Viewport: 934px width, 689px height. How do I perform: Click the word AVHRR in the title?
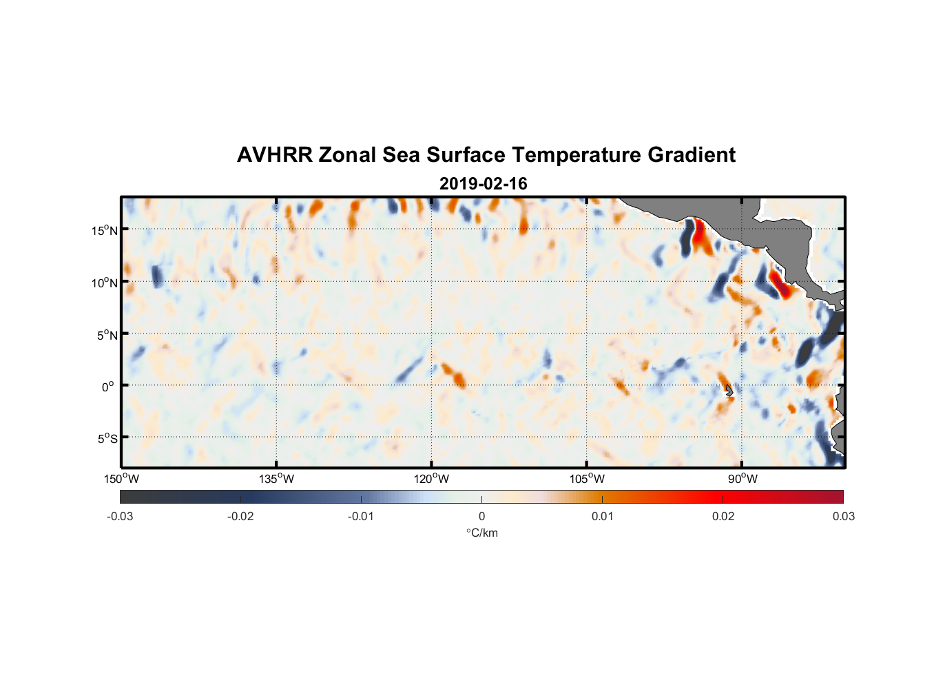pos(274,155)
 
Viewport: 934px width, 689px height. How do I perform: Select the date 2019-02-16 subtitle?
pos(483,184)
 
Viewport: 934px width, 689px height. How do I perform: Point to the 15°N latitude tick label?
pos(104,230)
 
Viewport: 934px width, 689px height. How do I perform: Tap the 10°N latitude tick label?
pos(104,282)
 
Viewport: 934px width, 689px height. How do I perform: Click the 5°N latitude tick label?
pos(107,335)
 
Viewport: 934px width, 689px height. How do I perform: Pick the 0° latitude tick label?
pos(108,387)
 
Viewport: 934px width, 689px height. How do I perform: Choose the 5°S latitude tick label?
pos(107,439)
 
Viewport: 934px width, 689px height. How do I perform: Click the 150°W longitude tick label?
pos(122,479)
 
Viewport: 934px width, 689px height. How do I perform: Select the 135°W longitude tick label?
pos(277,479)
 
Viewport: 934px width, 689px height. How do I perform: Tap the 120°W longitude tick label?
pos(432,479)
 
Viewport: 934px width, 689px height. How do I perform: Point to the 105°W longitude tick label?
pos(587,479)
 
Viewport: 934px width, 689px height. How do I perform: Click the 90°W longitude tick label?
pos(743,479)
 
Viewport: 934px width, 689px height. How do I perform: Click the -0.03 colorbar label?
pos(120,516)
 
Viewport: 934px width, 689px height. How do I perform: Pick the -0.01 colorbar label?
pos(360,516)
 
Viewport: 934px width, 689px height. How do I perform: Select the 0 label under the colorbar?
pos(481,516)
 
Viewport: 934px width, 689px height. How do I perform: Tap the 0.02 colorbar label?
pos(723,516)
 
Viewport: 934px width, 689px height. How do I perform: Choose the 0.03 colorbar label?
pos(843,516)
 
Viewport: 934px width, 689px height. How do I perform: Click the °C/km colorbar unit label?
pos(482,533)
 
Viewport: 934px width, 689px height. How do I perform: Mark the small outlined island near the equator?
pos(729,391)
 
